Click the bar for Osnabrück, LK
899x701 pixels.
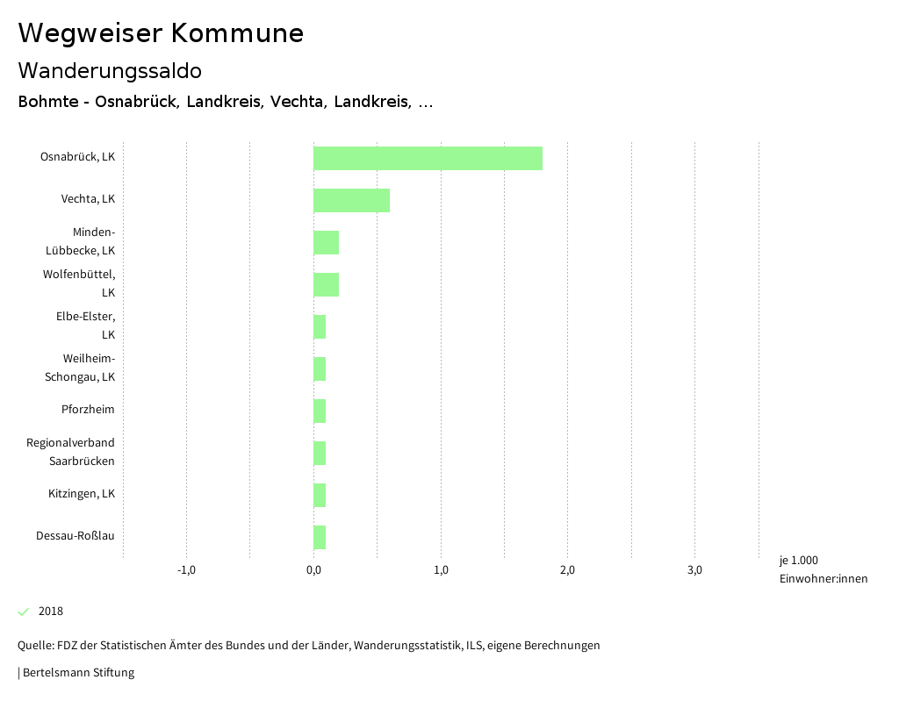coord(428,158)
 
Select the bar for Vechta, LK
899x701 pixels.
coord(351,200)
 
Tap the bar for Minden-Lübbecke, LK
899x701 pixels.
coord(326,242)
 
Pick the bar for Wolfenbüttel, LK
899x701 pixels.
coord(326,284)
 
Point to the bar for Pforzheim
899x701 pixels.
coord(320,411)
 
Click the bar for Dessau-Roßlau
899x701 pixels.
coord(320,537)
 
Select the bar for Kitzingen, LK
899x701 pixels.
coord(320,495)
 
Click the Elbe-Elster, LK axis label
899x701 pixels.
coord(85,325)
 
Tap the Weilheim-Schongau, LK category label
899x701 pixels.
coord(80,368)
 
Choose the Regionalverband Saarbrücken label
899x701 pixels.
coord(70,452)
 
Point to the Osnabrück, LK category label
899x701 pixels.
coord(77,158)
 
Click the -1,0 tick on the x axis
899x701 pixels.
coord(186,570)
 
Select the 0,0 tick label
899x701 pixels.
coord(313,570)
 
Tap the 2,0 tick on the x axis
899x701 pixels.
coord(567,570)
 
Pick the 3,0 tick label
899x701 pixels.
coord(694,570)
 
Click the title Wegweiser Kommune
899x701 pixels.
coord(161,33)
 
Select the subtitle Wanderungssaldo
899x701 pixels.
coord(110,70)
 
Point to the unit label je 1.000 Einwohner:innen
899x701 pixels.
coord(823,569)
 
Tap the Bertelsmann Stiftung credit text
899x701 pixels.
coord(77,673)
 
